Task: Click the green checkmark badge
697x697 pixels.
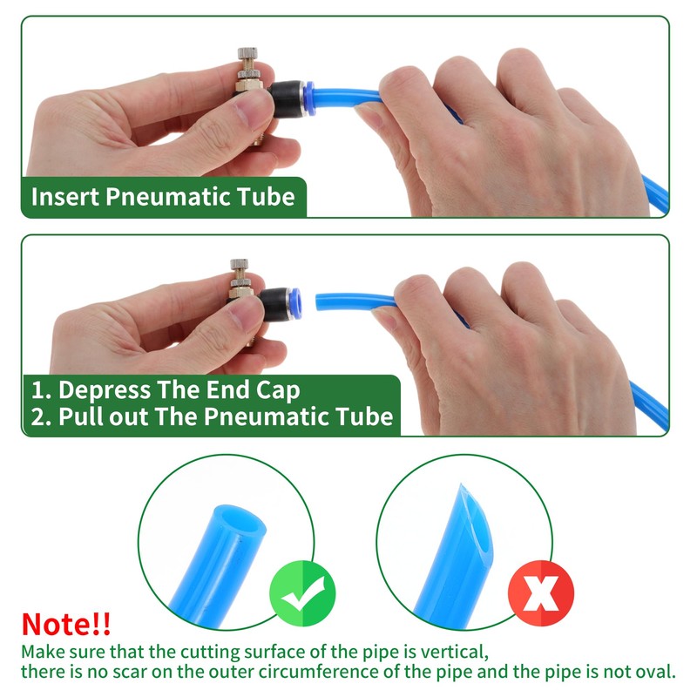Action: point(302,594)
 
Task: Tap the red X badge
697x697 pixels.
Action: point(541,593)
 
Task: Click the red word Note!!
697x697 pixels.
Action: point(66,624)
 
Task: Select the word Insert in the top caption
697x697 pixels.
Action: point(64,197)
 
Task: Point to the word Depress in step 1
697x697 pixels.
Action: point(105,390)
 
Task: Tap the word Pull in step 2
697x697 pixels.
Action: point(81,416)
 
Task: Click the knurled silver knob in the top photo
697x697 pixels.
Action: point(247,53)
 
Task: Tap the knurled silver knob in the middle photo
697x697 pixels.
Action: point(239,264)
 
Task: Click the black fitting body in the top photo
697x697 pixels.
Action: point(286,99)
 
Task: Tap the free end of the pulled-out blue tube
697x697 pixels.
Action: point(318,302)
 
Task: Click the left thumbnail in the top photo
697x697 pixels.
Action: point(253,110)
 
